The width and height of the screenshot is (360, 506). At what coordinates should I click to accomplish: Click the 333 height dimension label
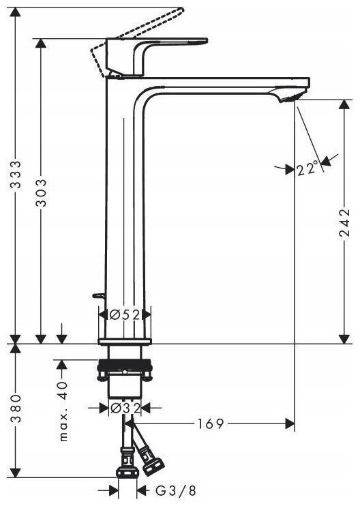click(x=16, y=175)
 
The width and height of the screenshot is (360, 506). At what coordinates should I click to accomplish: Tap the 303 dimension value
click(x=41, y=193)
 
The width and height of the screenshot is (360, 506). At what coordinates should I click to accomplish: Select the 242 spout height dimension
click(x=345, y=223)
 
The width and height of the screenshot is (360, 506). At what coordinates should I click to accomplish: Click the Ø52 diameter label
click(x=125, y=314)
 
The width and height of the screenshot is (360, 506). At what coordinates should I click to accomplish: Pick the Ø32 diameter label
click(x=125, y=408)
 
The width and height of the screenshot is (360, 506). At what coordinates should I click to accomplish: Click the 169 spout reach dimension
click(x=211, y=423)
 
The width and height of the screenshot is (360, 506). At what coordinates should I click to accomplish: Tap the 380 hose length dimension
click(x=16, y=408)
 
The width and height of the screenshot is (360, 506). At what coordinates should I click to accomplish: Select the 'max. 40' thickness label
click(x=63, y=411)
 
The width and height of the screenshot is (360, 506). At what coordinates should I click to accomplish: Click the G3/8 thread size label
click(x=176, y=491)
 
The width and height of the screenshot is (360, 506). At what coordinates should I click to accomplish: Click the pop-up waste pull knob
click(x=97, y=295)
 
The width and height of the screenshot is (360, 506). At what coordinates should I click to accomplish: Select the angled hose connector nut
click(x=152, y=466)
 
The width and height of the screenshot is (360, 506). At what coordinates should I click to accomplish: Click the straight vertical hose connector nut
click(x=127, y=472)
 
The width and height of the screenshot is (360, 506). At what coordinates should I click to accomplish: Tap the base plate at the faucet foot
click(x=125, y=342)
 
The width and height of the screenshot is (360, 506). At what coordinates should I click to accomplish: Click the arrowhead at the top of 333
click(x=16, y=12)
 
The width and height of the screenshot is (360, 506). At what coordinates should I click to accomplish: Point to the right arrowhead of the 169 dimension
click(x=290, y=423)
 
